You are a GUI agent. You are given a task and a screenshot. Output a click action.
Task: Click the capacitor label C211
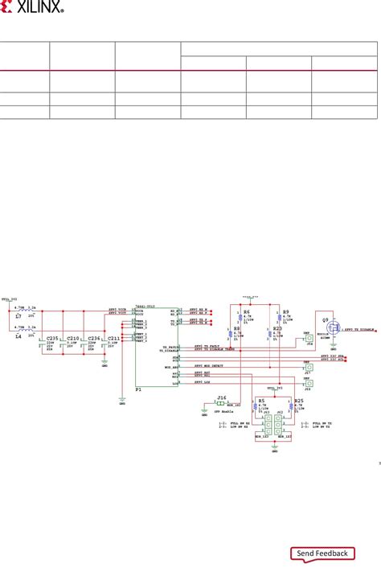tap(113, 339)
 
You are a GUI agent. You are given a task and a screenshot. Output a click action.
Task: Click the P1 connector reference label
tap(138, 388)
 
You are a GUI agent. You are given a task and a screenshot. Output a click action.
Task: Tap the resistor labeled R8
tap(236, 329)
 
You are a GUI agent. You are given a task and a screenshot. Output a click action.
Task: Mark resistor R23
tap(277, 329)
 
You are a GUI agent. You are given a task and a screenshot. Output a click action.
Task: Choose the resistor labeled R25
tap(299, 399)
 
